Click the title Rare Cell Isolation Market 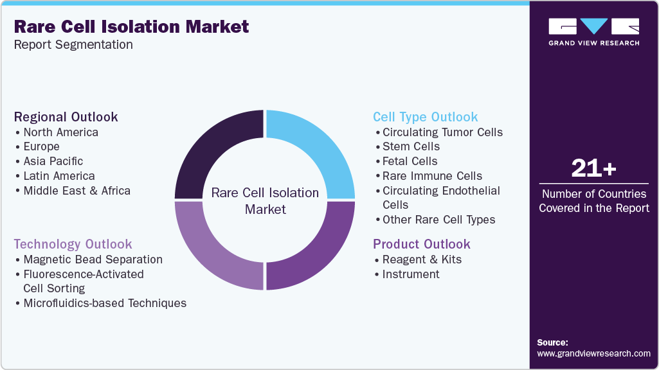(131, 27)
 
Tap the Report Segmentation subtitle (73, 45)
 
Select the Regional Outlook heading (66, 117)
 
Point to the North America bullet (60, 132)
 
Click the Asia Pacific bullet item (53, 161)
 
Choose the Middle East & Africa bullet (77, 190)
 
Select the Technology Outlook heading (73, 244)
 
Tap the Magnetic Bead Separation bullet (93, 260)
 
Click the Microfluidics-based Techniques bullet (105, 303)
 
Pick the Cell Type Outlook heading (426, 117)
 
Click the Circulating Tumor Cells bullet (442, 132)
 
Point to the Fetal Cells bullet (410, 161)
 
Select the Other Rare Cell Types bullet (438, 220)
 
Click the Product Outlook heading (422, 244)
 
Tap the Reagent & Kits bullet (422, 260)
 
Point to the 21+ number (593, 169)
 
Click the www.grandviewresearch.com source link (593, 353)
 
